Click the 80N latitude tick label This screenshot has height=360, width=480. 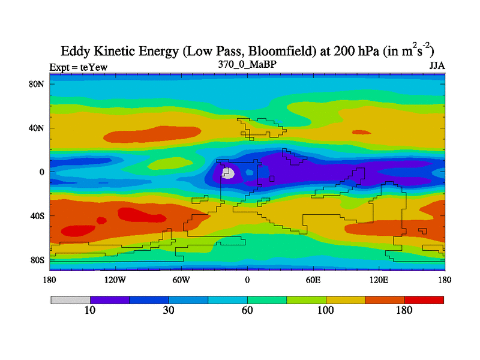[x=37, y=84]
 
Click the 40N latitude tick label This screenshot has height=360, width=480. [x=37, y=128]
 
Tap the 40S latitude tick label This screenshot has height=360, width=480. [x=37, y=216]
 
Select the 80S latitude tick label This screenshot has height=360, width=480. [x=37, y=260]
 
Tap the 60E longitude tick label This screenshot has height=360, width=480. [x=313, y=280]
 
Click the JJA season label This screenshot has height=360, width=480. [x=437, y=66]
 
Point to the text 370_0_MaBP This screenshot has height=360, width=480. [x=247, y=64]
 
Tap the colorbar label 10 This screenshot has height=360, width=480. [x=90, y=310]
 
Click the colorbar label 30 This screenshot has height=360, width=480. [x=169, y=310]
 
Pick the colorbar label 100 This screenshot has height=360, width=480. [x=326, y=310]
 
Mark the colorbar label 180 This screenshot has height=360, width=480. [x=404, y=310]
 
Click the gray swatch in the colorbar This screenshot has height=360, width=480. [x=70, y=299]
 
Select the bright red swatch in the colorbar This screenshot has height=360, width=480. [x=424, y=299]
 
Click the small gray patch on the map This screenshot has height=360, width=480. [x=228, y=173]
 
